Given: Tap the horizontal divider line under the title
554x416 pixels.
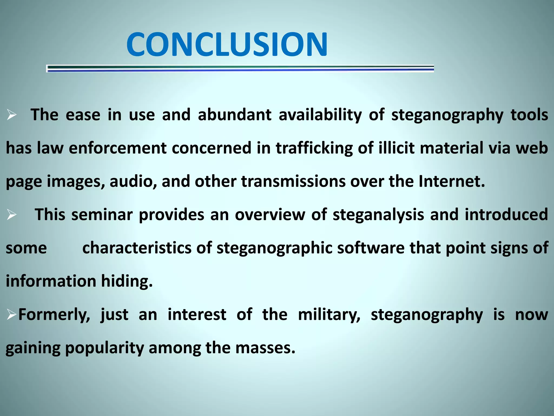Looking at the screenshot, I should [240, 69].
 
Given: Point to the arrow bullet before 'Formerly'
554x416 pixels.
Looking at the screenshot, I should [12, 315].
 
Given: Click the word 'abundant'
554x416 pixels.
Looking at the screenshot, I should [235, 115].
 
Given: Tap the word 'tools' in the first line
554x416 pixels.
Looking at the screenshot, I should [529, 115].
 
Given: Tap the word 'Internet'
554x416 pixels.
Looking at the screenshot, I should [451, 181].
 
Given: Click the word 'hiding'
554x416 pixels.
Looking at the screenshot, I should [127, 281].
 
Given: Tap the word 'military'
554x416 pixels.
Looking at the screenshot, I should [329, 315].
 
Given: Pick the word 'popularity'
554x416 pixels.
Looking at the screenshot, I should [104, 348].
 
